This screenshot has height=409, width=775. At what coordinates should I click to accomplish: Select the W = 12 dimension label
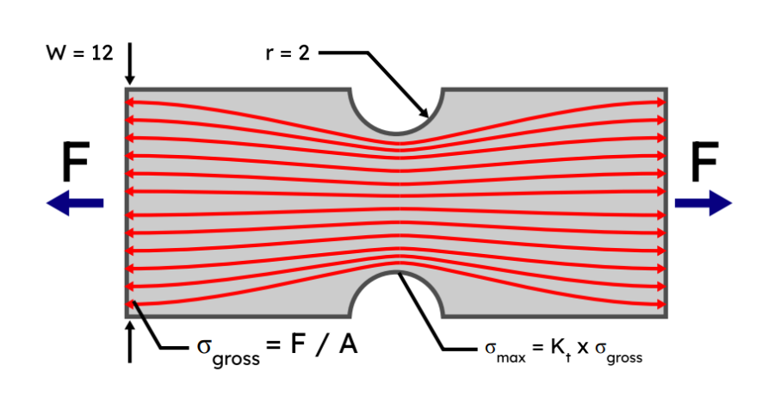click(80, 53)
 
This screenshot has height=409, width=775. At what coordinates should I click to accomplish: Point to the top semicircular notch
click(396, 110)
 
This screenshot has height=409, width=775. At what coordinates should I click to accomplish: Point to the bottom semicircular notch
click(396, 295)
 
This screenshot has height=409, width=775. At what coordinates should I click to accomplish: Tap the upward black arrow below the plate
click(130, 339)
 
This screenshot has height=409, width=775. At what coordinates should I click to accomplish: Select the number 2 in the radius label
click(305, 53)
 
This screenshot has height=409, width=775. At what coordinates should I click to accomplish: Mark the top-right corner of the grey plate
click(666, 89)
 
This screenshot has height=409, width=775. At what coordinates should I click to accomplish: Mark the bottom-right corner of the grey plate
click(666, 317)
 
